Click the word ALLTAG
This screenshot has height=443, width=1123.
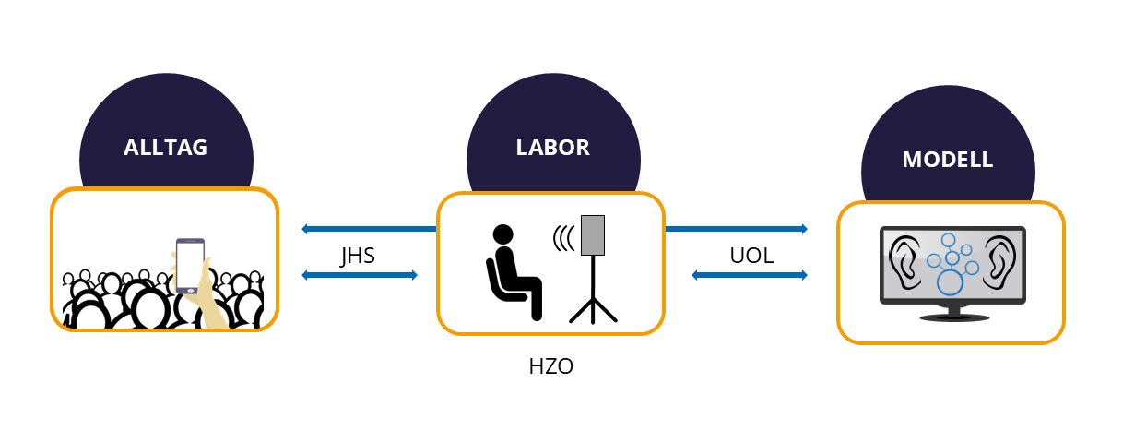pos(166,148)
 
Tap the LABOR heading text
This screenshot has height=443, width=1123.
pos(552,147)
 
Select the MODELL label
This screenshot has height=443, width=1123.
pos(947,159)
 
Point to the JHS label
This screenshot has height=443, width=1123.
pos(358,256)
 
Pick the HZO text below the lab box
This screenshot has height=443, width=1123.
pos(551,366)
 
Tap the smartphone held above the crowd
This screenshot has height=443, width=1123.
pos(190,266)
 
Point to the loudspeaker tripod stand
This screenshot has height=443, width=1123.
pos(593,295)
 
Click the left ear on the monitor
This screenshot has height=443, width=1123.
pos(903,260)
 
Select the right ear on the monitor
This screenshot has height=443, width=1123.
pos(999,260)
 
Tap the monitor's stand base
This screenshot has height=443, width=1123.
pos(950,318)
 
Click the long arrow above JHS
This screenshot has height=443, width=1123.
pos(369,229)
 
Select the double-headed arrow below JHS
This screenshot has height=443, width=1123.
pos(360,275)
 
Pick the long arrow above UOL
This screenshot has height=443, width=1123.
pos(736,229)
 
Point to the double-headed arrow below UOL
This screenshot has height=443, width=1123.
pos(750,275)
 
